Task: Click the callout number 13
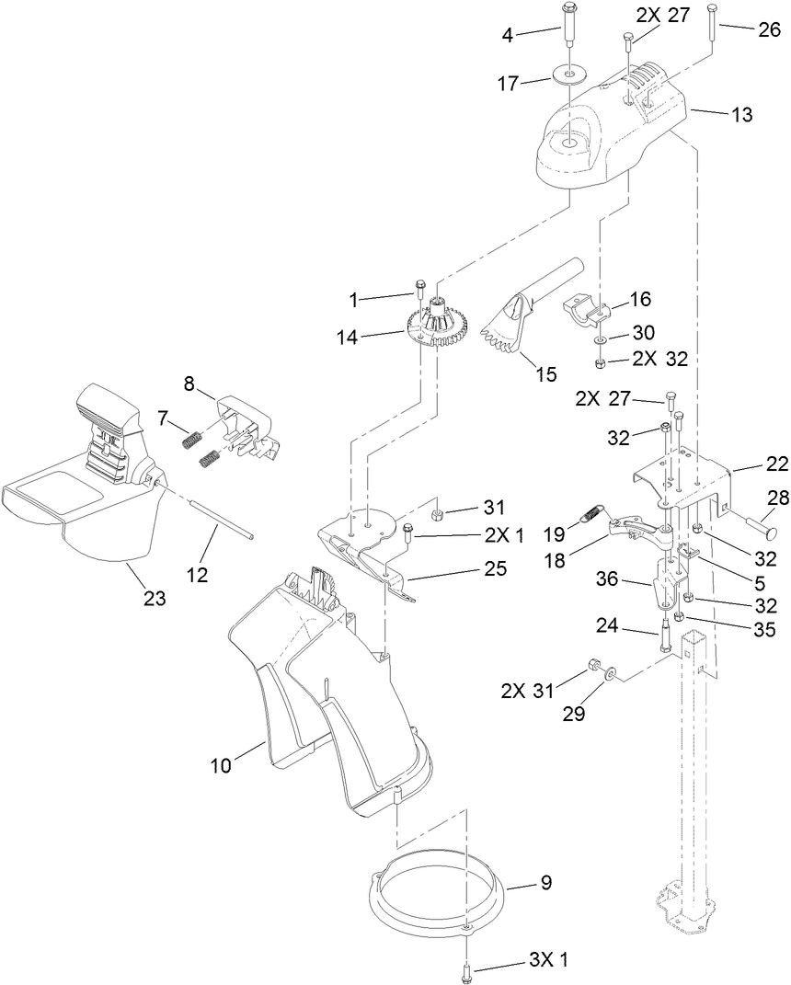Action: [742, 115]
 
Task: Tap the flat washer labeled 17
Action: [571, 74]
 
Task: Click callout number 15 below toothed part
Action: [546, 373]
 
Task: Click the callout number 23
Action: [155, 599]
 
